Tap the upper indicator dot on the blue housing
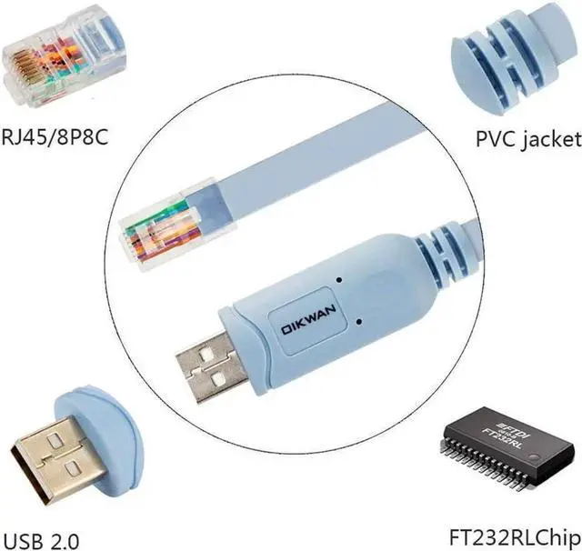[338, 279]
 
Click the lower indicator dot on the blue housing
[362, 322]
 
